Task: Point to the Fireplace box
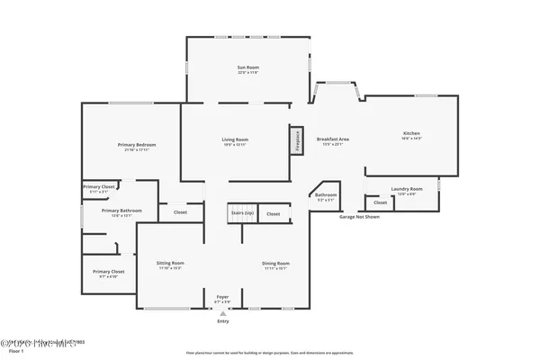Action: [294, 139]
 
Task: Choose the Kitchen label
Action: [411, 136]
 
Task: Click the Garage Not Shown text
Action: [359, 218]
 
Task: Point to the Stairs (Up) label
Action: [242, 213]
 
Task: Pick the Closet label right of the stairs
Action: [274, 213]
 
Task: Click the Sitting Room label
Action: [170, 265]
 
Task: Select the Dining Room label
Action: [275, 265]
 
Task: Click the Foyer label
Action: [222, 297]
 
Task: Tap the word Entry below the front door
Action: [222, 321]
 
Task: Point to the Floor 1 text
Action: [13, 352]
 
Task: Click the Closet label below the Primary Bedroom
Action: [180, 212]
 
